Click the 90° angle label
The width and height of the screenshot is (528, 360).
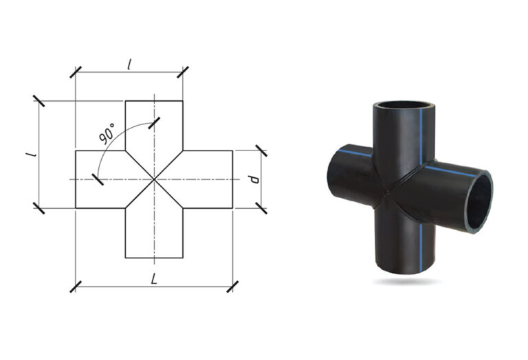click(107, 133)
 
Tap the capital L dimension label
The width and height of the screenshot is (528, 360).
click(154, 279)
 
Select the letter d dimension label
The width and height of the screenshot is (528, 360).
click(254, 179)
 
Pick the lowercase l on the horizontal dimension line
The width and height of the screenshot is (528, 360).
click(129, 65)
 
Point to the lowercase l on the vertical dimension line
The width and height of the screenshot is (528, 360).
click(32, 154)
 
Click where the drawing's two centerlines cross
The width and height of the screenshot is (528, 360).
click(154, 179)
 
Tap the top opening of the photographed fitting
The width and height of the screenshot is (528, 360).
click(404, 105)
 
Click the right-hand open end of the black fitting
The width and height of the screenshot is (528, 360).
click(478, 201)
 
